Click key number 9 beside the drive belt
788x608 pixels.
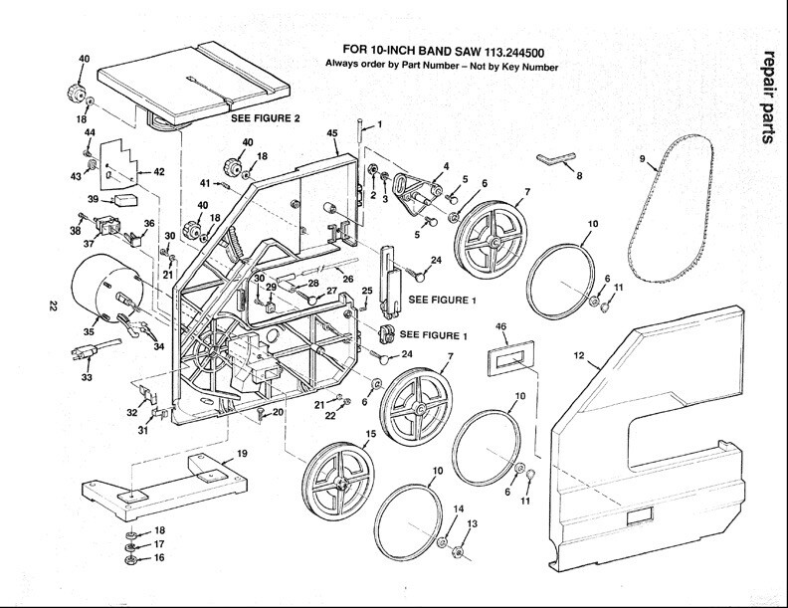tap(643, 158)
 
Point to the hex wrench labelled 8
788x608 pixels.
tap(554, 159)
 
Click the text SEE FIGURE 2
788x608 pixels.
tap(265, 117)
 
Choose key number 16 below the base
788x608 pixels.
tap(130, 559)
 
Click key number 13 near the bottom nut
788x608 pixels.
tap(473, 524)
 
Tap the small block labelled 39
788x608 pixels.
tap(124, 198)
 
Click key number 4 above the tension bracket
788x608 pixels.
tap(447, 166)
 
